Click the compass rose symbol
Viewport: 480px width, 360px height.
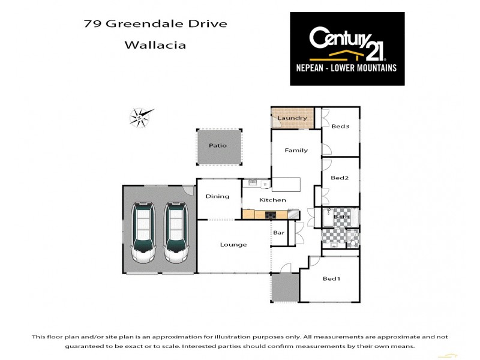[140, 116]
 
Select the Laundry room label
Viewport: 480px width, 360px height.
[292, 118]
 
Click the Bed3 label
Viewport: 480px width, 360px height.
[340, 126]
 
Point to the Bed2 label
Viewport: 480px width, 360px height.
[340, 178]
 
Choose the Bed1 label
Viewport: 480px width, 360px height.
[331, 278]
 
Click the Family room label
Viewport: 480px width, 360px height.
[296, 150]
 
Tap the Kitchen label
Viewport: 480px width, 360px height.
[272, 200]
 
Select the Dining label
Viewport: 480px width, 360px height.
[217, 196]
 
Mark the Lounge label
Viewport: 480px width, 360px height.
[233, 244]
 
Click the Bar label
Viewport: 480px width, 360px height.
[279, 233]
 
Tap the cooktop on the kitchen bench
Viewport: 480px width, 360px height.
[269, 214]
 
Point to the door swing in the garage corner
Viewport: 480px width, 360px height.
[189, 190]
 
